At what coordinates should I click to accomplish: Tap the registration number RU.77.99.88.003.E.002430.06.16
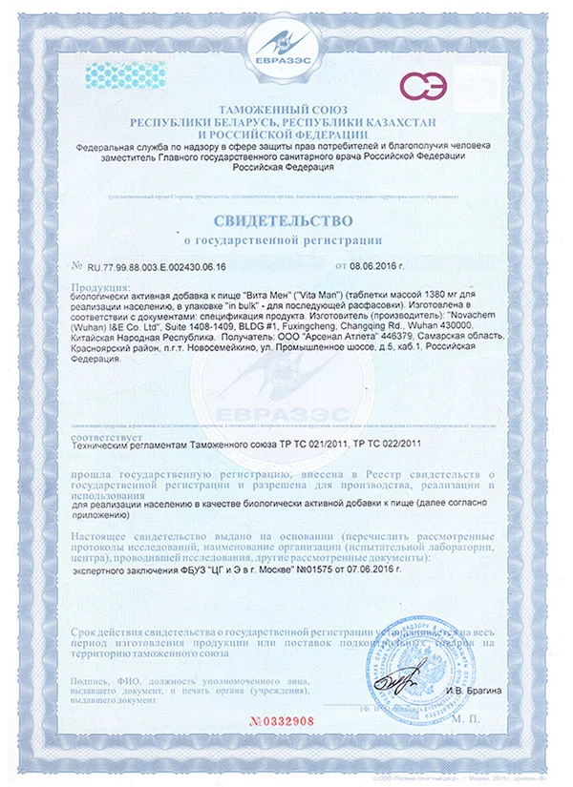[x=157, y=268]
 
